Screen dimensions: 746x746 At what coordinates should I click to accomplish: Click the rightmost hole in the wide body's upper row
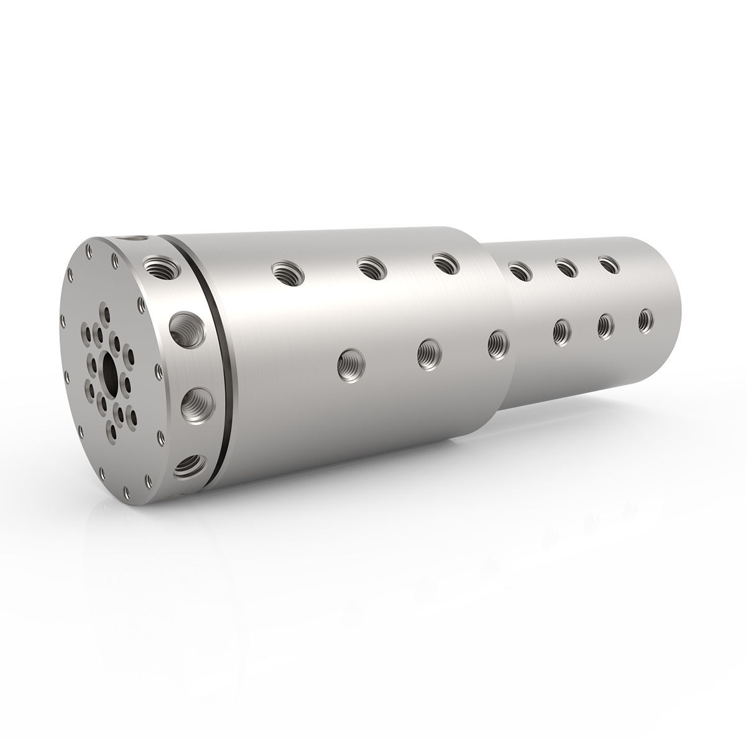tap(445, 263)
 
